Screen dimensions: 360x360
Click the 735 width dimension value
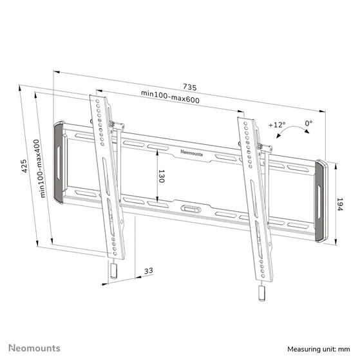189,86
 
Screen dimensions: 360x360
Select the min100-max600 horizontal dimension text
169,94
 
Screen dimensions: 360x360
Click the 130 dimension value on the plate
161,176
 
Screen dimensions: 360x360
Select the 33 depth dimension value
148,271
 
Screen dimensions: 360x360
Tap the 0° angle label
308,122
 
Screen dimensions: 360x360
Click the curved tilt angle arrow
296,132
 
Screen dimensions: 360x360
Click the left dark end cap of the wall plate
59,162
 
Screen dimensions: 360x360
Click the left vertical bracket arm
106,174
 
